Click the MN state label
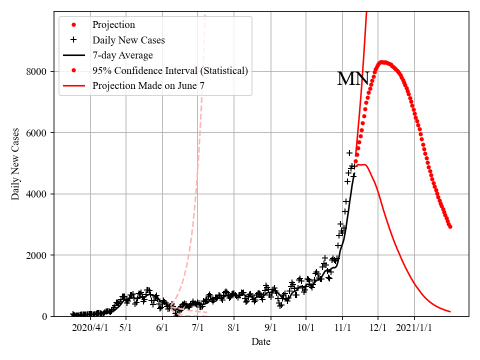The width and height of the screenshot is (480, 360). (x=353, y=79)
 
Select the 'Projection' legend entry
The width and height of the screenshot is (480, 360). (x=113, y=24)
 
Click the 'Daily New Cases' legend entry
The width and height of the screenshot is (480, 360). (x=128, y=40)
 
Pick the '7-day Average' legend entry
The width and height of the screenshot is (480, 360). (x=122, y=55)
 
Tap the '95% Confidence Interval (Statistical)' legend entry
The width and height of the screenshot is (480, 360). (x=170, y=70)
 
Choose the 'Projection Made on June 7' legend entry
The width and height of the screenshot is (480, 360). (x=148, y=86)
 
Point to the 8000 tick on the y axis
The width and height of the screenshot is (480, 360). (x=36, y=71)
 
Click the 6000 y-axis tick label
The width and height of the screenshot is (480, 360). (x=36, y=133)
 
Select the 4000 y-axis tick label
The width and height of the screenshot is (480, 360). (x=36, y=194)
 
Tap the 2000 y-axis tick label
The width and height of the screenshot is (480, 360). (x=36, y=255)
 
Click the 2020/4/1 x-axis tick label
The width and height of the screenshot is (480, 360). (x=90, y=328)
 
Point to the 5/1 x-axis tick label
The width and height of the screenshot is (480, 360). (x=126, y=328)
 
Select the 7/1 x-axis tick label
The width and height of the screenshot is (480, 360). (x=198, y=328)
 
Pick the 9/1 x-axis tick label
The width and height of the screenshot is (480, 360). (x=271, y=328)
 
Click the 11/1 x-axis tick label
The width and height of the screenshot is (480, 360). (x=342, y=328)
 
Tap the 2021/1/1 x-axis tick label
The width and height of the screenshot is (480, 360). (x=414, y=328)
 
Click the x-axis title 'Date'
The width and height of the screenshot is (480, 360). (x=261, y=342)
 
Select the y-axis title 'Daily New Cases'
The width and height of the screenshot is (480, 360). (x=15, y=164)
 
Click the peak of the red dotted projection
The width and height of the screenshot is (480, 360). (x=382, y=62)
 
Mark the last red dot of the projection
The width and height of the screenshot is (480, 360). (x=450, y=226)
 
